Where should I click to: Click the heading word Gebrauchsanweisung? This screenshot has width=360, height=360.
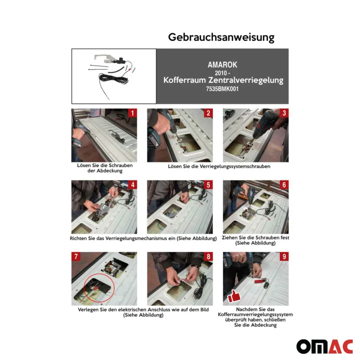click(x=221, y=37)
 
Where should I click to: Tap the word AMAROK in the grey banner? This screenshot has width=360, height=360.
click(x=222, y=65)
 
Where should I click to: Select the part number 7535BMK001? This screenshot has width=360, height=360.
click(x=222, y=89)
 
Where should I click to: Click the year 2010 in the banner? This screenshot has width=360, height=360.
click(x=220, y=73)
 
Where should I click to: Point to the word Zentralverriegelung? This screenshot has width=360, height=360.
click(x=246, y=81)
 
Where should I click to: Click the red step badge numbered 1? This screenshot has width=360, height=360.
click(x=132, y=113)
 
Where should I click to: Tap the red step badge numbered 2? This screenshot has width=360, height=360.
click(x=208, y=113)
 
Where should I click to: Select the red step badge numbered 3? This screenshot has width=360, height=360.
click(x=284, y=113)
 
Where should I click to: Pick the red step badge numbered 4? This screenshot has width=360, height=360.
click(x=132, y=185)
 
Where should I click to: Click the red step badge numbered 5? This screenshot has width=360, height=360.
click(x=208, y=185)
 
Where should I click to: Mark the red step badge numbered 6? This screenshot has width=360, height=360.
click(x=284, y=185)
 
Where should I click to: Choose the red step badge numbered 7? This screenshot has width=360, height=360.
click(x=76, y=256)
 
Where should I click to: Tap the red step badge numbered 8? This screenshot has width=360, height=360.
click(x=208, y=256)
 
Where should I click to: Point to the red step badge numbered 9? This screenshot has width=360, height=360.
click(x=284, y=256)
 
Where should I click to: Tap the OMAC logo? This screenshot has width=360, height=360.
click(x=324, y=346)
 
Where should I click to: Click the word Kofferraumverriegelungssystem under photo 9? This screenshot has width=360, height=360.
click(x=255, y=315)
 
